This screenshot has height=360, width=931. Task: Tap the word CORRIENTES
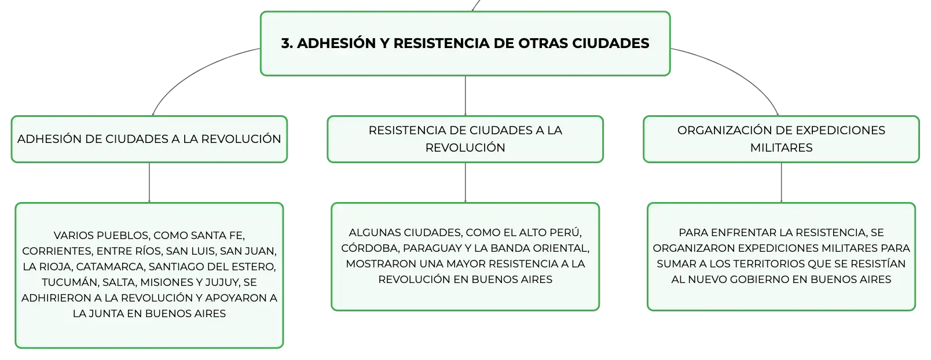57,251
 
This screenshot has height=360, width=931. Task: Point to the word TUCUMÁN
69,282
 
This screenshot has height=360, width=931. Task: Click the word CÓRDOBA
369,248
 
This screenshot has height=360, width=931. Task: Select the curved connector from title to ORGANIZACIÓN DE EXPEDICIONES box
735,71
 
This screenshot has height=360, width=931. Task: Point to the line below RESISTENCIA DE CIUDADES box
465,182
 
